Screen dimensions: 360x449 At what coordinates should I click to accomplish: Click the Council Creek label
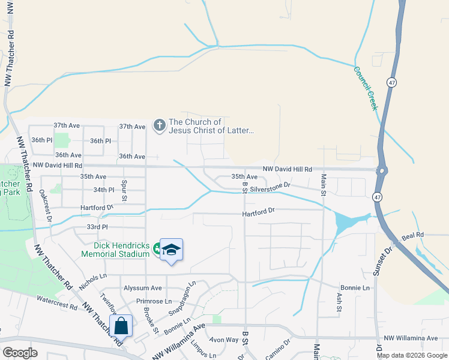pos(365,88)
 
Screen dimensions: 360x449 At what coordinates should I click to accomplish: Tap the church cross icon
pos(159,125)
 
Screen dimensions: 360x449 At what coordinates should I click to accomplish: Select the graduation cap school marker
pos(171,250)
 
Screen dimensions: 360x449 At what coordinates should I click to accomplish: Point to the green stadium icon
pos(157,247)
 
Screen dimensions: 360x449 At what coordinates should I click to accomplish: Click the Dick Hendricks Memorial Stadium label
pos(115,249)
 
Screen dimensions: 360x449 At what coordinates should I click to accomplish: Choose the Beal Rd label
pos(413,235)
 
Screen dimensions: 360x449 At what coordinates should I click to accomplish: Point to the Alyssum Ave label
pos(142,288)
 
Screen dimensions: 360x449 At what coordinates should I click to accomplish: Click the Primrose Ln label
pos(154,301)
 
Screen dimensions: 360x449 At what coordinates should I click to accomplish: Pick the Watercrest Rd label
pos(57,302)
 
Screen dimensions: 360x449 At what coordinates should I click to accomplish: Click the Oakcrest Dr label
pos(45,204)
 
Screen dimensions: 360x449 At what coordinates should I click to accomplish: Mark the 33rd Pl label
pos(97,227)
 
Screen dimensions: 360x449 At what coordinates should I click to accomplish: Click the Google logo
pos(20,353)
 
